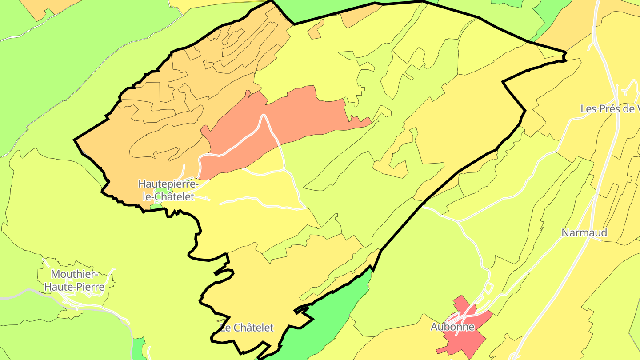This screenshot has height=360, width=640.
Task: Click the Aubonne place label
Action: [x=452, y=327]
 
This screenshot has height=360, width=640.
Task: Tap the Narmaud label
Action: [x=584, y=233]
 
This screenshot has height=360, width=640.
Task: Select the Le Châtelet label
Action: [x=247, y=328]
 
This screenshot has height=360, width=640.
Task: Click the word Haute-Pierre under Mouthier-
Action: [x=74, y=287]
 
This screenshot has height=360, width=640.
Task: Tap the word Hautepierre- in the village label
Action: [x=168, y=184]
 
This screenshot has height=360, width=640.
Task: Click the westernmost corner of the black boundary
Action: [x=74, y=140]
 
